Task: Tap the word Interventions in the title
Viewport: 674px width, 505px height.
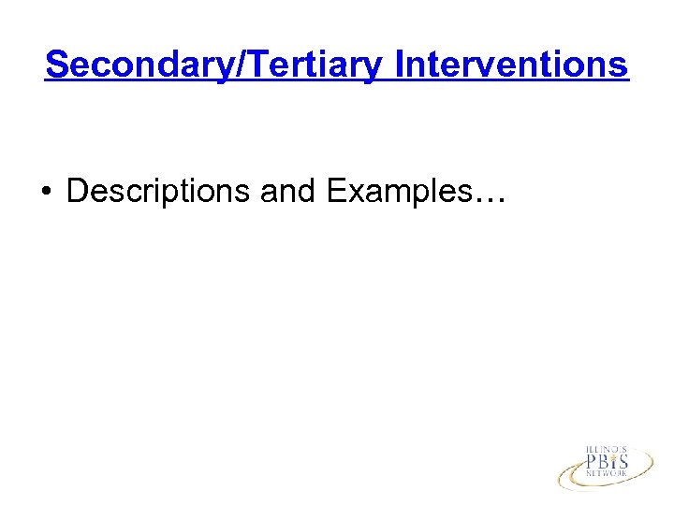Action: pyautogui.click(x=512, y=65)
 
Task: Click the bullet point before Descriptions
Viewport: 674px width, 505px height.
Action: pyautogui.click(x=46, y=193)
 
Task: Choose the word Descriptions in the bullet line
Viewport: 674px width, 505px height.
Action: pyautogui.click(x=158, y=191)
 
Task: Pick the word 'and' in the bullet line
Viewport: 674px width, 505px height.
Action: pyautogui.click(x=288, y=191)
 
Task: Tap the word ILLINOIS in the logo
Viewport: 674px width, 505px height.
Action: pyautogui.click(x=607, y=450)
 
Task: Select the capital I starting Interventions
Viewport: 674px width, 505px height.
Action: pyautogui.click(x=400, y=65)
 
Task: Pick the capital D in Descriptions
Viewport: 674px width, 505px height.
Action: pyautogui.click(x=77, y=191)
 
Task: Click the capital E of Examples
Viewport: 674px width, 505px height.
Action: pyautogui.click(x=335, y=191)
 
